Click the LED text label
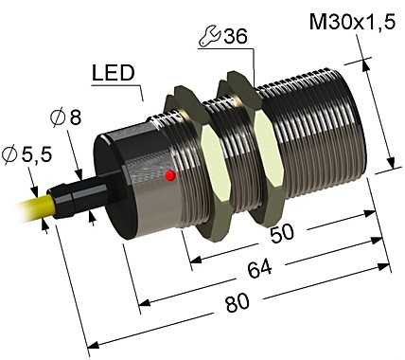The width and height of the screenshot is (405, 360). pyautogui.click(x=114, y=74)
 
